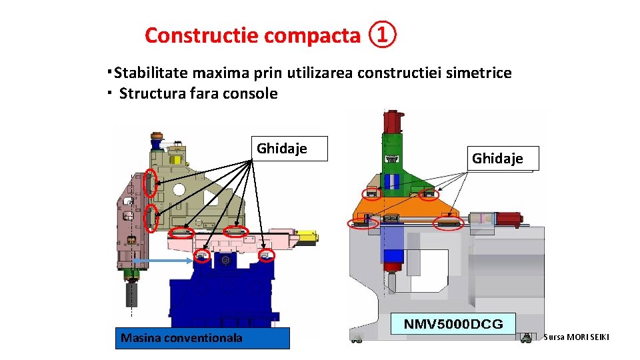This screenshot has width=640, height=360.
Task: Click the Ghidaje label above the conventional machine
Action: coord(283,149)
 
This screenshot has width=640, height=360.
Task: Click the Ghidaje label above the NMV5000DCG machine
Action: coord(497,159)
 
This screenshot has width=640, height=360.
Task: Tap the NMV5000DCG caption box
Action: coord(453,324)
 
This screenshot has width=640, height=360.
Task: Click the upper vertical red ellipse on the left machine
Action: coord(151,183)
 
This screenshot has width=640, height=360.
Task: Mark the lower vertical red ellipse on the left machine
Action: coord(152,217)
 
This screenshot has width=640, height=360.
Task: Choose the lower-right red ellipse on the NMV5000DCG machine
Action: coord(448,223)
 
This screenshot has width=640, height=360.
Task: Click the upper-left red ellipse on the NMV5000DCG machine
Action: coord(373,193)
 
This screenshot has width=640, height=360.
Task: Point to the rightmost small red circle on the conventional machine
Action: coord(267,256)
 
